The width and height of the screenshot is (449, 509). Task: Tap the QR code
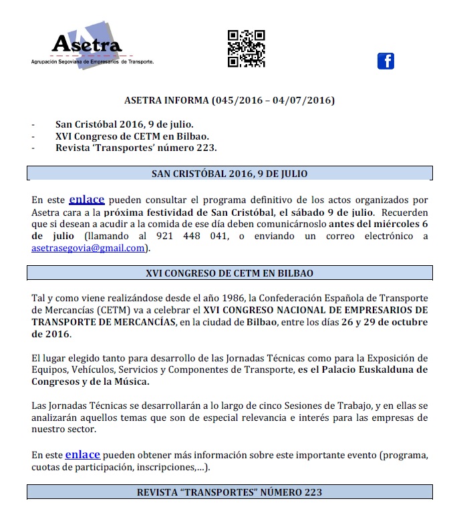point(246,48)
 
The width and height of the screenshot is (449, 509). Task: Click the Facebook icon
point(386,61)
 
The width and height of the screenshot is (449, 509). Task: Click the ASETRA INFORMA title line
point(230,101)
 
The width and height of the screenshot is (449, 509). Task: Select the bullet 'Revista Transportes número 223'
point(136,148)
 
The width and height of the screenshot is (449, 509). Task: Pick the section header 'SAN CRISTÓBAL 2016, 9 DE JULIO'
point(229,174)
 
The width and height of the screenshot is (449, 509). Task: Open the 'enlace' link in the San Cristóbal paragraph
point(87,198)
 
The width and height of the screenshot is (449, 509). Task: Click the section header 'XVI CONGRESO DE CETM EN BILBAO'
point(229,273)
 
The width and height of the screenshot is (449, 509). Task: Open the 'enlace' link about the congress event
point(82,454)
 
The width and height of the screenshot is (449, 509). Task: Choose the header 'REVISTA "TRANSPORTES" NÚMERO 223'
point(229,492)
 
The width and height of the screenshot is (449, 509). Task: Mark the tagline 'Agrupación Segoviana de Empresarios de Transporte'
point(92,61)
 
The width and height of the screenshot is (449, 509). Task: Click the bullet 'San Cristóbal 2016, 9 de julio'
point(124,124)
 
